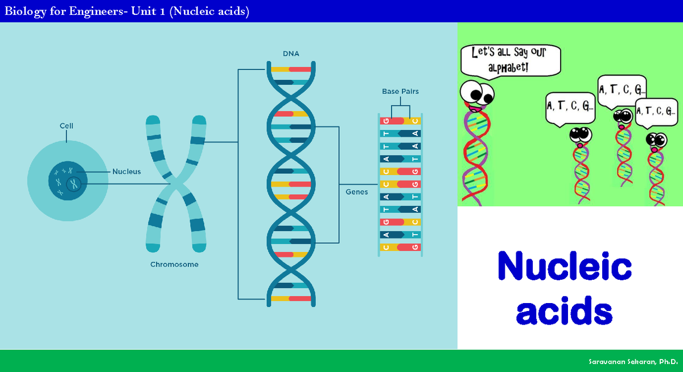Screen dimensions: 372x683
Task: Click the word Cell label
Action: (67, 125)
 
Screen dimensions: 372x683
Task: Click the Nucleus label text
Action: (126, 171)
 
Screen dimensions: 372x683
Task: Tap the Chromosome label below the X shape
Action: (174, 264)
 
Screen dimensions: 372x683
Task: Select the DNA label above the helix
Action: (291, 54)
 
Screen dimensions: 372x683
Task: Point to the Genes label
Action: (357, 192)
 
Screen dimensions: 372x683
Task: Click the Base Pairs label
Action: (400, 91)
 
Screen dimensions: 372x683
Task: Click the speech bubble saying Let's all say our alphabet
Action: (510, 60)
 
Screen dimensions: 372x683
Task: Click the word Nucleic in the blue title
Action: (564, 266)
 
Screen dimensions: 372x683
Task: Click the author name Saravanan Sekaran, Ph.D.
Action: (632, 362)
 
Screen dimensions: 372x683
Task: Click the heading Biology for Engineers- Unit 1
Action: (127, 11)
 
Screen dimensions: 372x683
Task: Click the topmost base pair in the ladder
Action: (401, 121)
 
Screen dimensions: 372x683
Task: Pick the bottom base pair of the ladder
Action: (401, 247)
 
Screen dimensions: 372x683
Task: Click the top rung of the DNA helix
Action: (291, 70)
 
